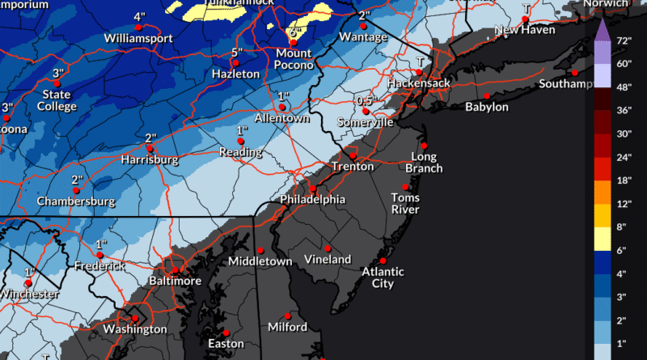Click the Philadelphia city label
point(312,199)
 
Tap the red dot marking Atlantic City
point(383,261)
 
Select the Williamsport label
point(134,37)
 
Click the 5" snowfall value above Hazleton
point(236,53)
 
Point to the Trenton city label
point(353,167)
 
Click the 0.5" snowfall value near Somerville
point(366,100)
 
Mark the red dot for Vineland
point(328,248)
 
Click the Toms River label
point(405,203)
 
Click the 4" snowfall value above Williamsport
point(139,16)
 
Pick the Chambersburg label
point(77,201)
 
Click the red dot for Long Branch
point(424,146)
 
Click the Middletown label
point(260,261)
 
